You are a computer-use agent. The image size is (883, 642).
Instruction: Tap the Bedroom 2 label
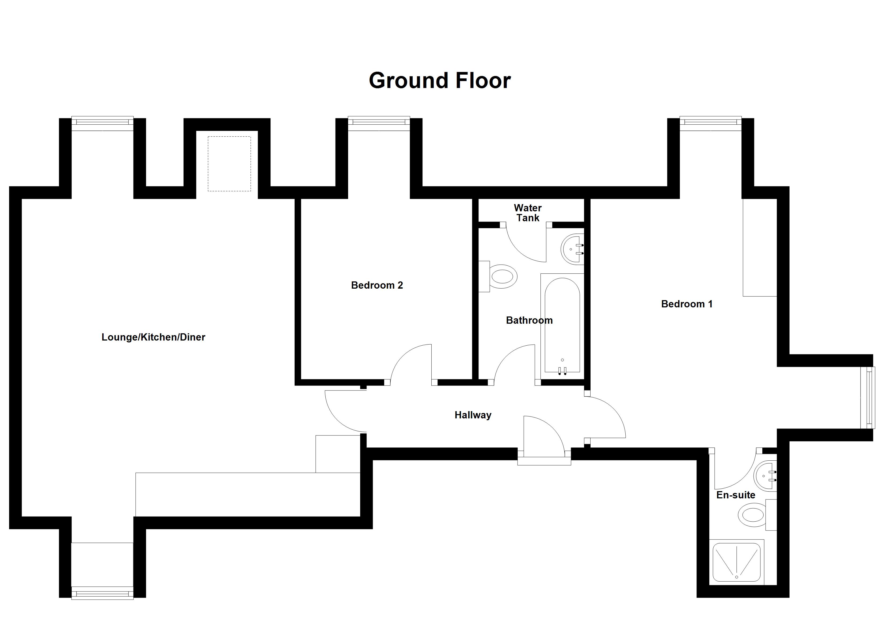(x=377, y=285)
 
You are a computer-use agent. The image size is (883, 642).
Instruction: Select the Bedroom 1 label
(x=687, y=304)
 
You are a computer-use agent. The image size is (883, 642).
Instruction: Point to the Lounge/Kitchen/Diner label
(x=153, y=337)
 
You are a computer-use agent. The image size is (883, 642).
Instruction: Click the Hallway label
(x=473, y=415)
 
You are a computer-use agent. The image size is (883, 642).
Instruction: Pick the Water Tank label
(x=528, y=213)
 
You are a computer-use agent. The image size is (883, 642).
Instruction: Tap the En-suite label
(x=736, y=495)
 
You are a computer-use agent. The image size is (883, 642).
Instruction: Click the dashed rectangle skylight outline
(x=229, y=163)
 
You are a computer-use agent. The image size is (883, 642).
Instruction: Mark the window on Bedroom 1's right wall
(x=870, y=398)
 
